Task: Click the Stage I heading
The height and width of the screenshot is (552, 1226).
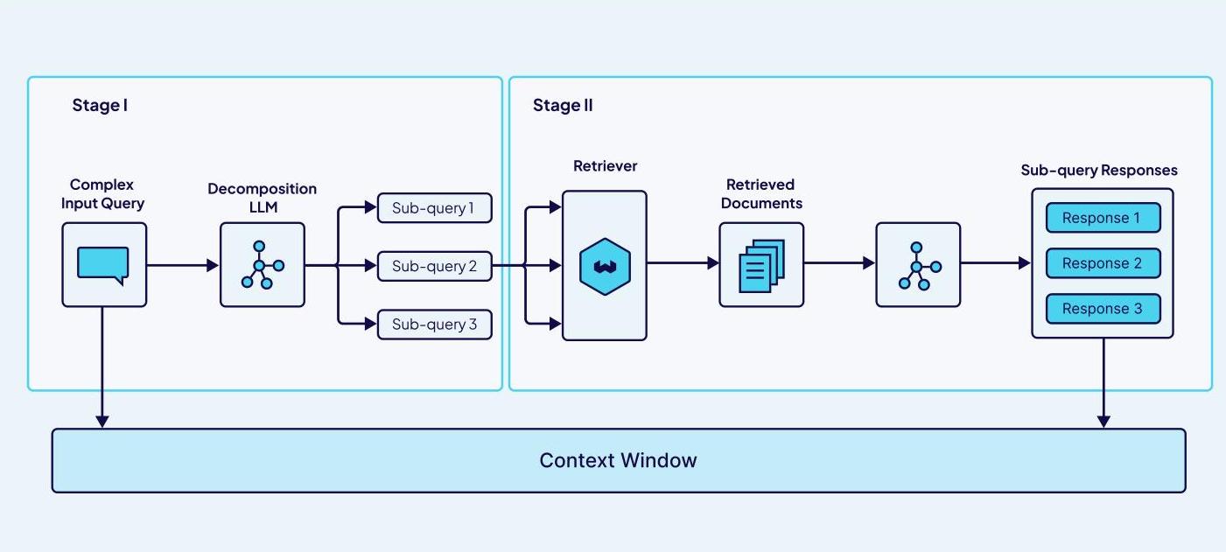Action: pos(100,106)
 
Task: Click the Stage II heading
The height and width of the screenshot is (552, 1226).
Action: pos(563,106)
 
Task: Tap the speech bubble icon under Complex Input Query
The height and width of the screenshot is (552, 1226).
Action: pos(103,265)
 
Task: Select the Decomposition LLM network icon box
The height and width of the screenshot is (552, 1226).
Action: pos(263,264)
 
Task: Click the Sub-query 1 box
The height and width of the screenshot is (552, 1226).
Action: pos(434,208)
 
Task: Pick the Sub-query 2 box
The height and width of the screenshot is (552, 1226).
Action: pos(434,266)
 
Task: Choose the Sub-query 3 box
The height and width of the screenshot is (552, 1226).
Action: pos(434,325)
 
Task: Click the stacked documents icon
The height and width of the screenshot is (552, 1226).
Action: pos(761,265)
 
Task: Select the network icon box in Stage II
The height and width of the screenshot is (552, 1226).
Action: pos(918,265)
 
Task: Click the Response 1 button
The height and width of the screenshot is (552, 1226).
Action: pos(1102,218)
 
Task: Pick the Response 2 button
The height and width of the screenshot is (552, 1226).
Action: pos(1102,263)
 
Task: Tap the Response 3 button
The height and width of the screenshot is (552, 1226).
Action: pos(1102,309)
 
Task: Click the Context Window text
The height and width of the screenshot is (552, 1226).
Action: pos(618,460)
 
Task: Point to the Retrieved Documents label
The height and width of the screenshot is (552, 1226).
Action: pos(761,193)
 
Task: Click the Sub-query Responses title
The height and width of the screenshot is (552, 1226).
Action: pos(1099,170)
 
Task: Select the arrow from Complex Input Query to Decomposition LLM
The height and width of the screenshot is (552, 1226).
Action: pos(182,264)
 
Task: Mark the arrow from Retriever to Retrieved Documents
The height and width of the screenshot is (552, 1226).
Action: pos(683,262)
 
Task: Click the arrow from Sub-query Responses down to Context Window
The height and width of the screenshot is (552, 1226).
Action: pos(1103,383)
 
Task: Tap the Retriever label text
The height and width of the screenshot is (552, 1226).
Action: pos(605,165)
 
